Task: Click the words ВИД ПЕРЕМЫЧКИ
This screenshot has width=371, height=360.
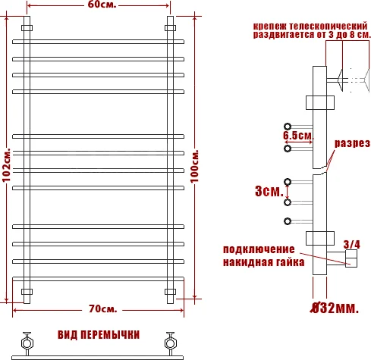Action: [99, 334]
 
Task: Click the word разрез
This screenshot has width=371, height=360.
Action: [352, 144]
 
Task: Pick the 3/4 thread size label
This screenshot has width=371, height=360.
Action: [352, 244]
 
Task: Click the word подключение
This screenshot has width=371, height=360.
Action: [258, 249]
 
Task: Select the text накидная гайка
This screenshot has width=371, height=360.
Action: [263, 262]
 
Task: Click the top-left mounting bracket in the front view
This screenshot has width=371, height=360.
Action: [27, 28]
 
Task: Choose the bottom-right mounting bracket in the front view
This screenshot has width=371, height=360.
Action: [171, 292]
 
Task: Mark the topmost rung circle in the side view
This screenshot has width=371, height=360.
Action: [288, 126]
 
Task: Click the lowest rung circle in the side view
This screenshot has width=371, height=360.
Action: [288, 221]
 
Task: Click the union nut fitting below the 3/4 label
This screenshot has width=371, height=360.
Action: [351, 260]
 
